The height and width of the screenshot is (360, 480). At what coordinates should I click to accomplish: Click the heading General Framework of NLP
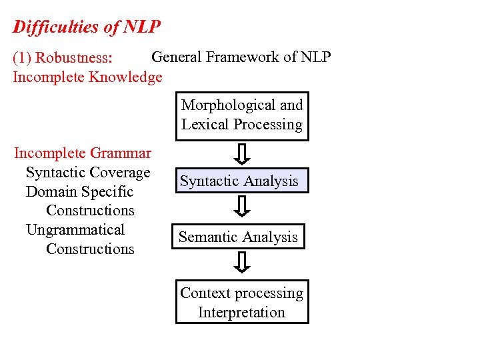point(241,57)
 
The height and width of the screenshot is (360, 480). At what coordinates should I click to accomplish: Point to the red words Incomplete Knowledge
point(87,77)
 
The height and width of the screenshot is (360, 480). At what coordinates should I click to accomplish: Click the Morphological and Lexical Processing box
point(242,115)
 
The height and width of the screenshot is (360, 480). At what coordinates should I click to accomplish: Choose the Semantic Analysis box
point(238,237)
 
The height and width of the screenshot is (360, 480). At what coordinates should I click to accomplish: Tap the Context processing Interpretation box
point(242,303)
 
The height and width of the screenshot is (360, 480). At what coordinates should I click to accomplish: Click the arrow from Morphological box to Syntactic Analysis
point(243,155)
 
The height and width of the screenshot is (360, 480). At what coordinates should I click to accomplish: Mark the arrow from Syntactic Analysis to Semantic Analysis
point(243,208)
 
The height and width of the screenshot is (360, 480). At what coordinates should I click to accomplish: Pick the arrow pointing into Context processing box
point(243,263)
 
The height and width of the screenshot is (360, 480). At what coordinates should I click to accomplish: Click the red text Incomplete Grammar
point(83,153)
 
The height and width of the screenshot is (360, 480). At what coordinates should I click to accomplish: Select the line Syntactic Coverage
point(88,173)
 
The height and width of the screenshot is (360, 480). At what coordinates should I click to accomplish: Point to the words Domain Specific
point(79,192)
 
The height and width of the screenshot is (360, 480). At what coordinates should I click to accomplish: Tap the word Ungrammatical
point(75,230)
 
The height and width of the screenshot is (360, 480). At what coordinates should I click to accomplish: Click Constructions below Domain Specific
point(90,211)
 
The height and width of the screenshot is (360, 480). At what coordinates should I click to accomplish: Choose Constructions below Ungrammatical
point(90,249)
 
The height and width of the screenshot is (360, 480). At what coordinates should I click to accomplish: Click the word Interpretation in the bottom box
point(241,313)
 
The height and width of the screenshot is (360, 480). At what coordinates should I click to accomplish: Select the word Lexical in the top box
point(204,125)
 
